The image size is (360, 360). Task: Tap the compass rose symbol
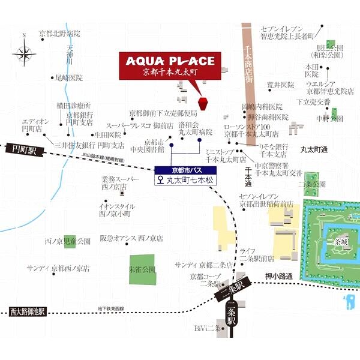(x=25, y=56)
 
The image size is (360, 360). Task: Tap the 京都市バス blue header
(x=184, y=169)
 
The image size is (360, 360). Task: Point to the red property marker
(x=203, y=103)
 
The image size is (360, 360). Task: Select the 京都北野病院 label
(x=59, y=34)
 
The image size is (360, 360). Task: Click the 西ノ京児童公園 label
(x=67, y=241)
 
